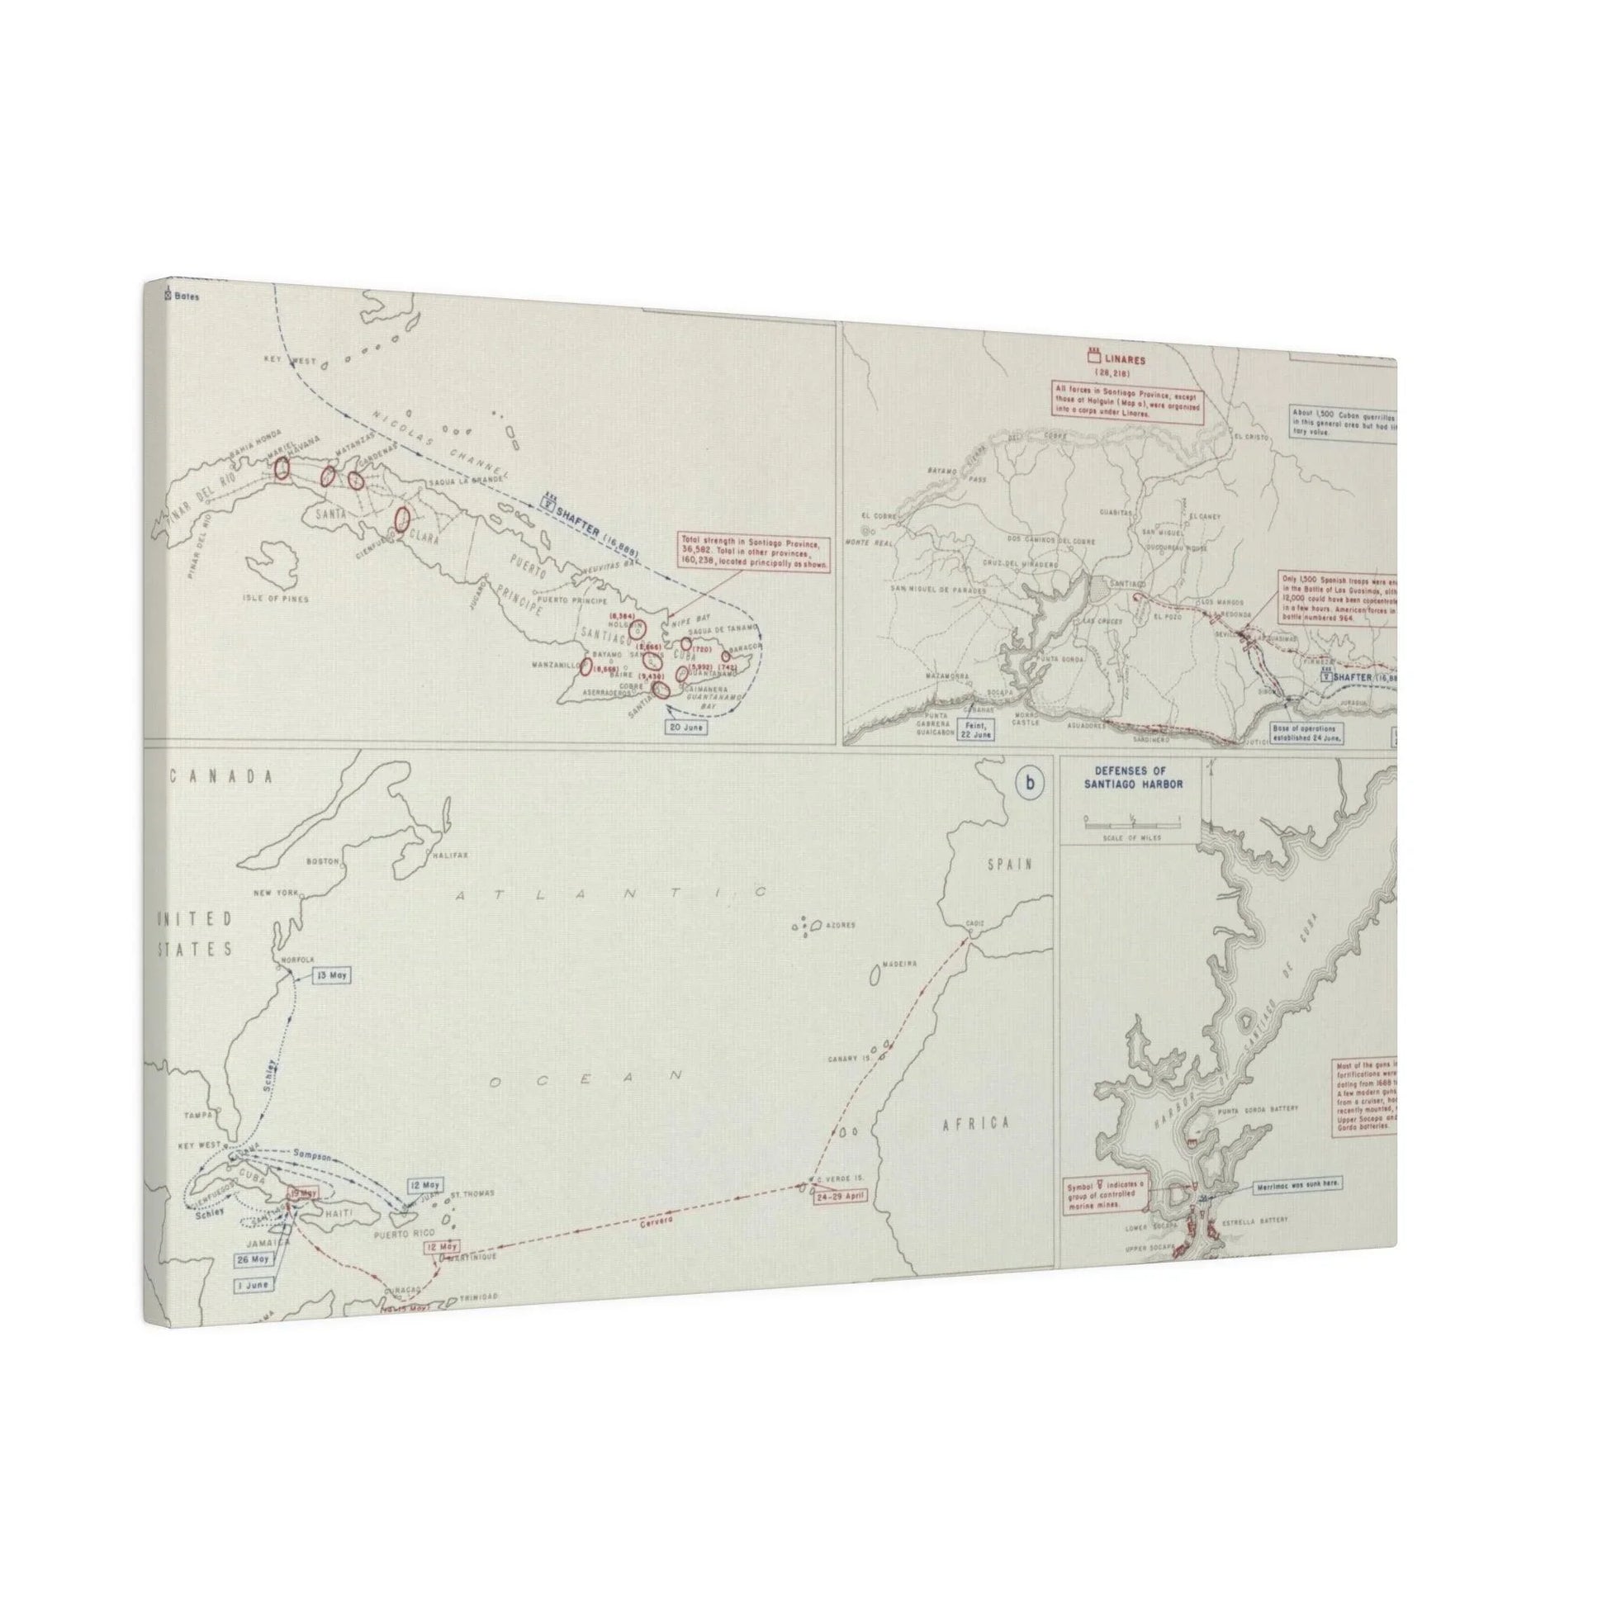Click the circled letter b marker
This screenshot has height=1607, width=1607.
1031,783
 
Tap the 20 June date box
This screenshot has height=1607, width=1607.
685,726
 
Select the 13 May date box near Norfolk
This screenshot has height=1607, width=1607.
330,974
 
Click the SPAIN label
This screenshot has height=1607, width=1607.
1009,865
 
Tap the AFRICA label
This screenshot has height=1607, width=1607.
976,1124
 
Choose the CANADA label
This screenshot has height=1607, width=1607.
222,776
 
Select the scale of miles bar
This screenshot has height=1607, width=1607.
1131,822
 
